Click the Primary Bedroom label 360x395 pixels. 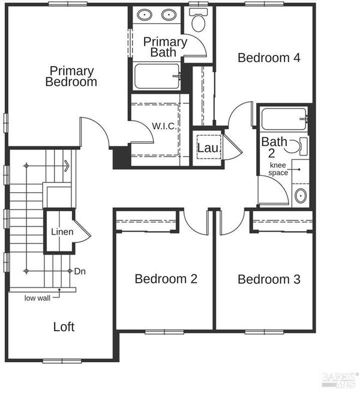tap(71, 76)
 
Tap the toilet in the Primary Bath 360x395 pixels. tap(198, 20)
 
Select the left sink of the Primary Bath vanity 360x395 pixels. tap(145, 15)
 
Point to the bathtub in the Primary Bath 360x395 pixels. tap(157, 76)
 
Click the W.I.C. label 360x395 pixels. tap(164, 125)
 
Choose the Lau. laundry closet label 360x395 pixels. tap(209, 148)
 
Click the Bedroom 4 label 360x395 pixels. tap(269, 58)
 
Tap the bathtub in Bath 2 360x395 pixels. tap(284, 119)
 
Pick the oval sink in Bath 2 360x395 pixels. tap(301, 196)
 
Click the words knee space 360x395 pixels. tap(278, 169)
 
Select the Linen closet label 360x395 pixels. tap(62, 232)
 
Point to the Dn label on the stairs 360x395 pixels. tap(80, 271)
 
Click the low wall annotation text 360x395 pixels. tap(37, 298)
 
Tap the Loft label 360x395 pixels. tap(64, 327)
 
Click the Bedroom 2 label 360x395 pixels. tap(166, 279)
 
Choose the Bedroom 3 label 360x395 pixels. tap(269, 279)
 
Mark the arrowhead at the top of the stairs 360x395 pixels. tap(67, 166)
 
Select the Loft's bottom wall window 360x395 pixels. tap(62, 361)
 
